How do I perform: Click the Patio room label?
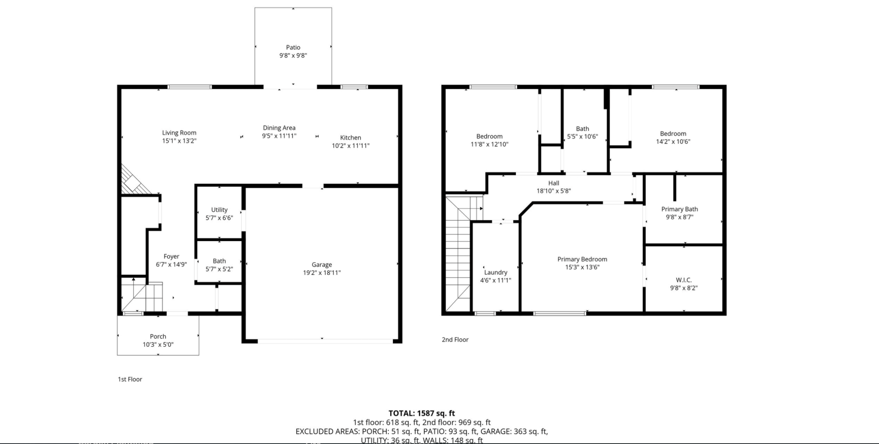coord(293,47)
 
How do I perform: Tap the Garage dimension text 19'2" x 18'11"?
coord(322,273)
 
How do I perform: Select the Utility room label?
coord(219,210)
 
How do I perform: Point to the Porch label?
coord(158,337)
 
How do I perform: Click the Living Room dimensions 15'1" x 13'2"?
coord(179,141)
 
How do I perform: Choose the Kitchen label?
coord(350,137)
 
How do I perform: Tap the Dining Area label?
coord(279,128)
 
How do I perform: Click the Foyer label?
coord(171,256)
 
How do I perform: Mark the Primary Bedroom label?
coord(582,259)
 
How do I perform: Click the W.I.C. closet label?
coord(683,280)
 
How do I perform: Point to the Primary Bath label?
coord(679,209)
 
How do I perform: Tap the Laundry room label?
coord(495,272)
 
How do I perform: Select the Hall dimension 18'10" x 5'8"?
coord(554,191)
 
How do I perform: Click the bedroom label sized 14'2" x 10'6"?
coord(673,134)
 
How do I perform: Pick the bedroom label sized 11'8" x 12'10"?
coord(489,136)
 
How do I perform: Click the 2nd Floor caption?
coord(455,340)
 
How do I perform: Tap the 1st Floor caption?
coord(130,379)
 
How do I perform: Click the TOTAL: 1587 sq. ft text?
coord(421,413)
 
